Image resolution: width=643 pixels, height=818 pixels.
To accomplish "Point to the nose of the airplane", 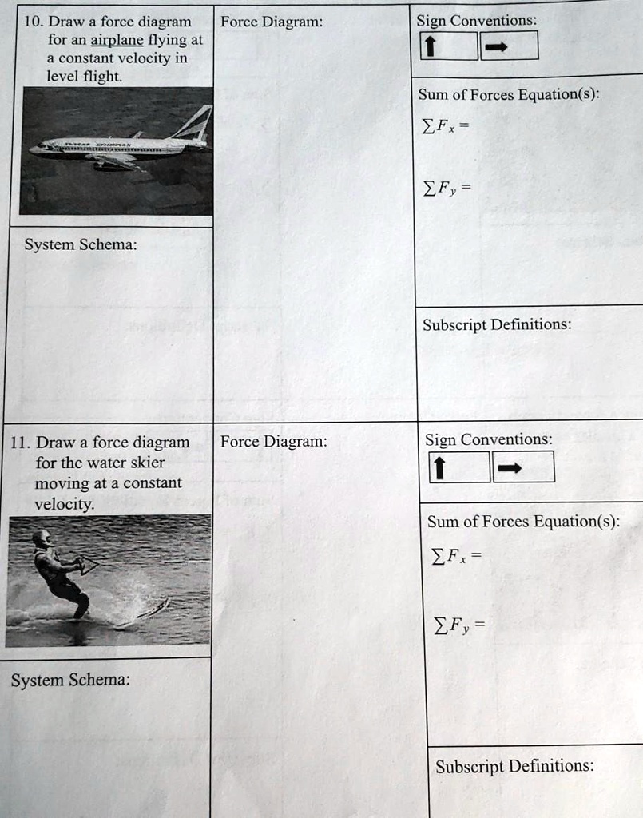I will click(x=32, y=149).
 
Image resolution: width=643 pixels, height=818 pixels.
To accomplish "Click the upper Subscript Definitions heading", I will click(x=496, y=325).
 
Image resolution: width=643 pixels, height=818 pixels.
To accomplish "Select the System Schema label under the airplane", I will click(x=80, y=245).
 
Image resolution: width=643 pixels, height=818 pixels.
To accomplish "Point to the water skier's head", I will click(x=41, y=538).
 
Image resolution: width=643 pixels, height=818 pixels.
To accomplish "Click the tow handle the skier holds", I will click(x=87, y=566).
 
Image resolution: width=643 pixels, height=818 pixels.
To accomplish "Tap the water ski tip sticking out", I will click(x=163, y=603).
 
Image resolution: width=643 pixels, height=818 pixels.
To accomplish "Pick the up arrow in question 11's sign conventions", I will click(x=438, y=468).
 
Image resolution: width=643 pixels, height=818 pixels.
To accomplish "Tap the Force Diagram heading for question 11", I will click(x=273, y=442).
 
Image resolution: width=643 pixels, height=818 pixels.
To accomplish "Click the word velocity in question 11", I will click(x=64, y=504).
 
